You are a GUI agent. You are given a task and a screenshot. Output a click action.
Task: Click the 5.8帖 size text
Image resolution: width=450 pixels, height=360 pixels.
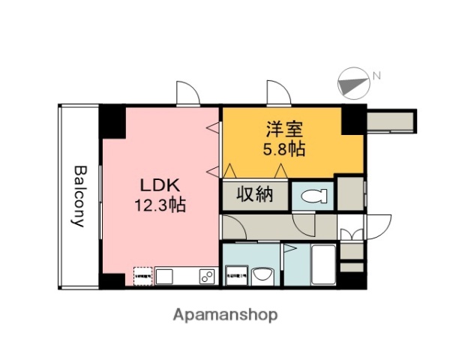[283, 148]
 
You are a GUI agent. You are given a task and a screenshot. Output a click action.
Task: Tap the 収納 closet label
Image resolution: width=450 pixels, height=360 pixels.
[254, 196]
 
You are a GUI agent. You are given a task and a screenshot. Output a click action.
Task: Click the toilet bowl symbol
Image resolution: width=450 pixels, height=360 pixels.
[310, 197]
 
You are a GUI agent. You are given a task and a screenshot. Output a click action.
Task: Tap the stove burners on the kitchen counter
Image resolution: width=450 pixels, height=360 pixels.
[206, 277]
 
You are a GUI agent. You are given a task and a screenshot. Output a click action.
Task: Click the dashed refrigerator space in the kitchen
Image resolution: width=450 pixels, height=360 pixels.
[143, 277]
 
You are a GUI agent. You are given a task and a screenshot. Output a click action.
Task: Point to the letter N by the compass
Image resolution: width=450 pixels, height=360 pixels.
[377, 75]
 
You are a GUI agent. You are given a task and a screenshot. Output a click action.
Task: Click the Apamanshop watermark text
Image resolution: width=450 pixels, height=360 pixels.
[226, 314]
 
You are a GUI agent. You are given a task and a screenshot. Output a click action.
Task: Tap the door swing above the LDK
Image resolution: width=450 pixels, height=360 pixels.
[187, 92]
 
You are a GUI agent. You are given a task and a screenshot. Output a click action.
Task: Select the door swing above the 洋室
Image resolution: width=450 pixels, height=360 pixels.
[279, 92]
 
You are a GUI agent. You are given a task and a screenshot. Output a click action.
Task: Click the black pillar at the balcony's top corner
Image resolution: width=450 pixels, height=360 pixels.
[112, 120]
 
